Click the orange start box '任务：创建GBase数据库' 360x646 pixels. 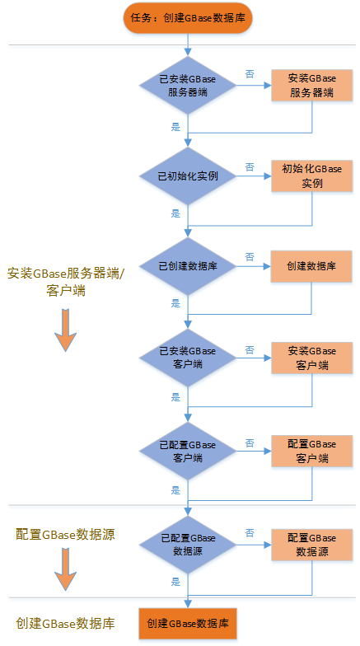188,18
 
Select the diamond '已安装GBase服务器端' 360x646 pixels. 188,86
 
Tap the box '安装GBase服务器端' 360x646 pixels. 311,86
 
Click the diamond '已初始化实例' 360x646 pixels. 188,176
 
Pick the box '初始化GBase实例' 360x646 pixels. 311,176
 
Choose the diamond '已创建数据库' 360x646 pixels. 188,266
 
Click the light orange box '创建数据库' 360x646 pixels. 311,266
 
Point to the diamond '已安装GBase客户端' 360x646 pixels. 188,358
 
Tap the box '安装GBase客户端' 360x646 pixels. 311,358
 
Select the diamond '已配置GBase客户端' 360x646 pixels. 188,451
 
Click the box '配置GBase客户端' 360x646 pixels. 311,451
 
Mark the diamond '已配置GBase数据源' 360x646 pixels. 188,545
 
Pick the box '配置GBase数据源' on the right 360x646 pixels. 311,545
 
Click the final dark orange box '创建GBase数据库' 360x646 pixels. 188,623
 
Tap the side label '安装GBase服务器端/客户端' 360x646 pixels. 66,282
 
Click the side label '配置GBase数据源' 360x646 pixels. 66,534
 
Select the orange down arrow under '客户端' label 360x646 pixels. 66,330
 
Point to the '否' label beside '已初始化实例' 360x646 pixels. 250,167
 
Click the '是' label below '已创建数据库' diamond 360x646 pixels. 176,304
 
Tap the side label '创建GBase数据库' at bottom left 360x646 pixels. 66,623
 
